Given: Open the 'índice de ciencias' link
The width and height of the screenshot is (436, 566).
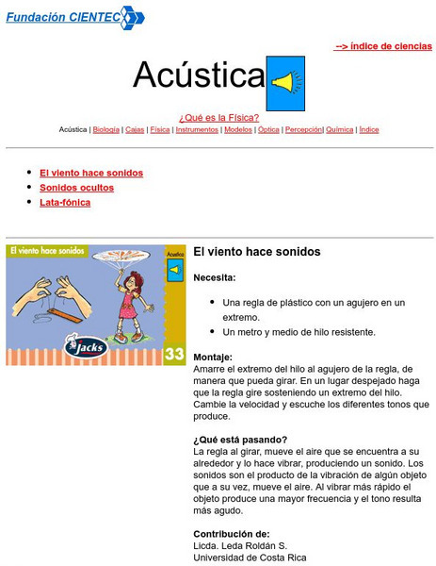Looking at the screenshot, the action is point(383,45).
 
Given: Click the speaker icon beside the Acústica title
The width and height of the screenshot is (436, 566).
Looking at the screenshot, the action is point(286,82).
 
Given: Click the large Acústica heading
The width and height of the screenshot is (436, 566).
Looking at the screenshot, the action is point(198,75).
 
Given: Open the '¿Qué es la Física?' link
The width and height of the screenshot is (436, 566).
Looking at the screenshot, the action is point(218,118).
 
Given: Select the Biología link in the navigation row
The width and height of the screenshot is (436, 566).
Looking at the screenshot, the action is point(106,130).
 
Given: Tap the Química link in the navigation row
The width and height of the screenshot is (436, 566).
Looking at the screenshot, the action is point(340,130).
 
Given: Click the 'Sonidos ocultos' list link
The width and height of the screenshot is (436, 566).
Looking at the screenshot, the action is point(76,188).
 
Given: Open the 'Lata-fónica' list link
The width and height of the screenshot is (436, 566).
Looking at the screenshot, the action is point(65,202).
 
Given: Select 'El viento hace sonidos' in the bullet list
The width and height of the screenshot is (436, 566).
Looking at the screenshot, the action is point(91,174).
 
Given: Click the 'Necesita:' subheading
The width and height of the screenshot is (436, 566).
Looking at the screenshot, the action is point(215,277).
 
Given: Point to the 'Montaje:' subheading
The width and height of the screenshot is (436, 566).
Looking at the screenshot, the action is point(213,358).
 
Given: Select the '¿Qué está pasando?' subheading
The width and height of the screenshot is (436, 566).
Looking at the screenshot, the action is point(240,440).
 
